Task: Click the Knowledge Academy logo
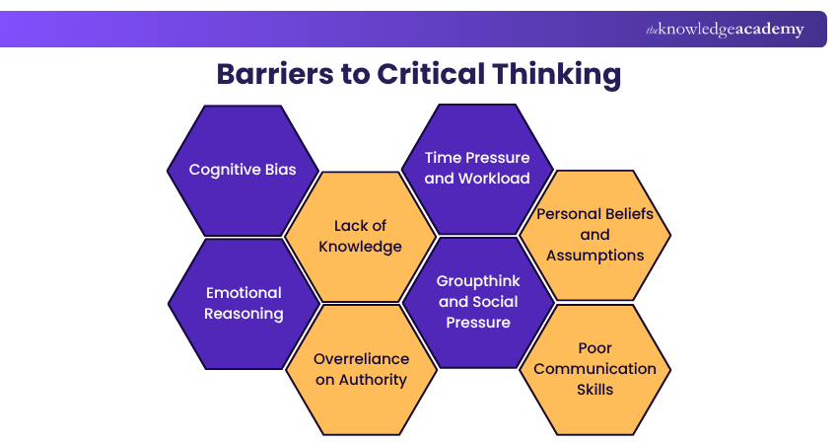click(725, 30)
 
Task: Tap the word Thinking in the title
click(558, 75)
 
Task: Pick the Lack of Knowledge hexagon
click(360, 237)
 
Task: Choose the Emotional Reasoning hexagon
click(244, 303)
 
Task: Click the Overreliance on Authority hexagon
click(360, 369)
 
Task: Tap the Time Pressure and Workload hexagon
click(477, 169)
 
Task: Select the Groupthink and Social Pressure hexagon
click(478, 302)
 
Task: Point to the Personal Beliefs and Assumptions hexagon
click(594, 235)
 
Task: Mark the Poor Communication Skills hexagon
click(594, 368)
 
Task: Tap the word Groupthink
click(478, 281)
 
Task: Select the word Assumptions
click(594, 256)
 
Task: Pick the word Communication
click(594, 368)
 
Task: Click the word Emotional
click(244, 292)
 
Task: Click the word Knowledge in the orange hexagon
click(360, 247)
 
